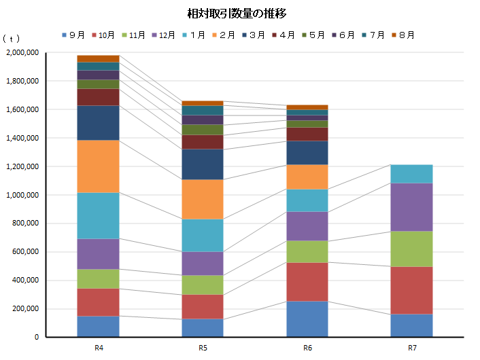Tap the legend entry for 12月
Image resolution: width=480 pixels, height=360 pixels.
[163, 35]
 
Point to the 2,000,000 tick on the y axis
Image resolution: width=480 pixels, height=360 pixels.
[23, 53]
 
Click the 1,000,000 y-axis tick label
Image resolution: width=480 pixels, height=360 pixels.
[23, 196]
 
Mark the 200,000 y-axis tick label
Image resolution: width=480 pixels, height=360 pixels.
[26, 309]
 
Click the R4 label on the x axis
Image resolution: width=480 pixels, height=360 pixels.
[99, 348]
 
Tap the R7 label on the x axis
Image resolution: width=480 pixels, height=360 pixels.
[412, 348]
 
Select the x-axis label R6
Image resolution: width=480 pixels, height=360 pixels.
[307, 348]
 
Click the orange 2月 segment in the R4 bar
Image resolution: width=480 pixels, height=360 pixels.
[99, 166]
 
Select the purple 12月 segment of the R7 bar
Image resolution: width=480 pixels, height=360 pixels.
[412, 207]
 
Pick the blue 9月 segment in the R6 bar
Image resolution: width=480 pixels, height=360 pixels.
[307, 319]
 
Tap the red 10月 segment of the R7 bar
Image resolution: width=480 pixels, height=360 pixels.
[412, 290]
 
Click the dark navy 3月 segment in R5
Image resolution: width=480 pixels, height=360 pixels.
[203, 164]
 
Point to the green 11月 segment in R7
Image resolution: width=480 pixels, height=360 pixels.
[412, 249]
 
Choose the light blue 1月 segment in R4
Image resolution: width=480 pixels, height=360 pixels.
[99, 215]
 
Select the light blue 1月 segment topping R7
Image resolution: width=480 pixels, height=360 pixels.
[412, 174]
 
